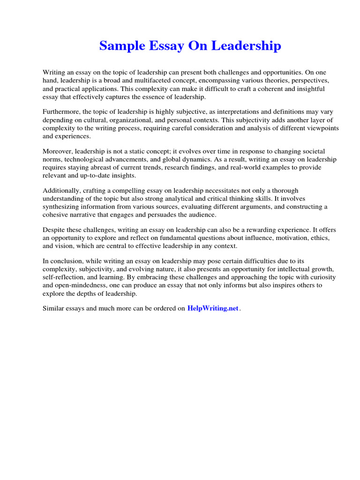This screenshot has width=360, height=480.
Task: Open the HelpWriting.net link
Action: (x=213, y=308)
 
